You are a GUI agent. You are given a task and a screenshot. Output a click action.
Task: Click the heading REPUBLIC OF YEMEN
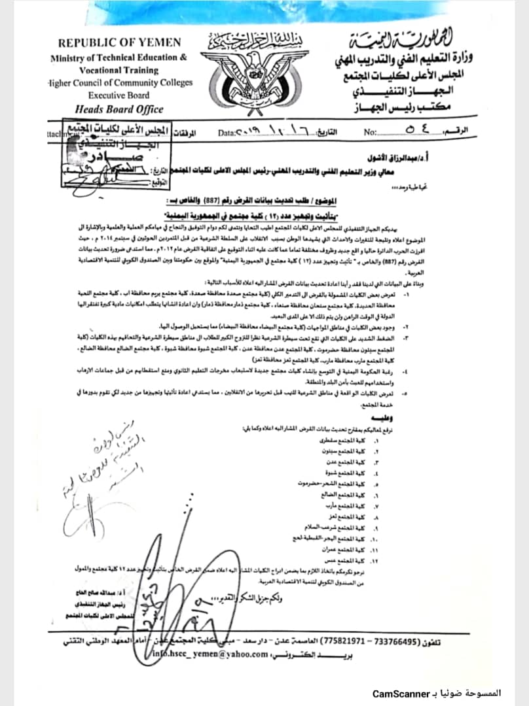pos(119,43)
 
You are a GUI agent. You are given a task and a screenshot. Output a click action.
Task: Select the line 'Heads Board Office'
pos(119,109)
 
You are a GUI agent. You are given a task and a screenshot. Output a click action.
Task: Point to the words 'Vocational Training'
pos(119,69)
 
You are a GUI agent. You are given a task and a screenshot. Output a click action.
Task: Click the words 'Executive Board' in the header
pos(119,95)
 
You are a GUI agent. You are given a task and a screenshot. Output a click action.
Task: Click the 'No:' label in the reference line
pos(371,133)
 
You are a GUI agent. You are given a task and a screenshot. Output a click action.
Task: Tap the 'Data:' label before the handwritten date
pos(227,133)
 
